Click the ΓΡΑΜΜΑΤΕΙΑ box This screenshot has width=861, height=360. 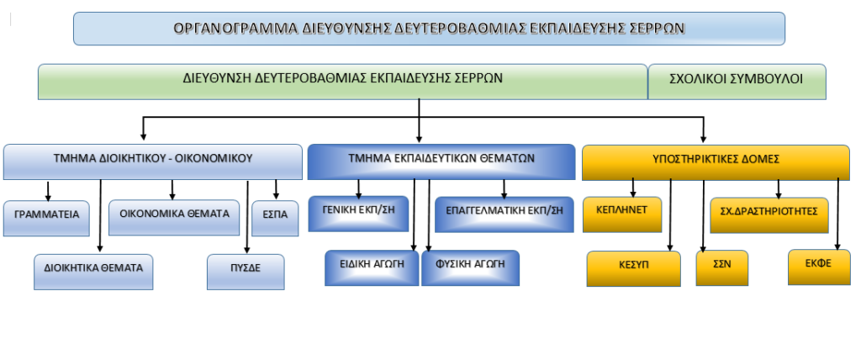click(46, 218)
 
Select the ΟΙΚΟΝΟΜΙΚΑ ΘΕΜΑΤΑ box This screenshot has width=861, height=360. click(174, 217)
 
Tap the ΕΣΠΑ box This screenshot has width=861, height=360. click(275, 218)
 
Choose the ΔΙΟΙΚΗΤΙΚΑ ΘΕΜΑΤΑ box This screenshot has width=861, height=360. click(93, 272)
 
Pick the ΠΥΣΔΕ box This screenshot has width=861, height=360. click(246, 272)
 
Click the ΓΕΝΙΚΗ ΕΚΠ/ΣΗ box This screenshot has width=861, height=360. click(358, 214)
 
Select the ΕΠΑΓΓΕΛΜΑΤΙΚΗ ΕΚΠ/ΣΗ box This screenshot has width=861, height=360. click(504, 214)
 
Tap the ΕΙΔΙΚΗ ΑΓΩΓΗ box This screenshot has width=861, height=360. click(372, 268)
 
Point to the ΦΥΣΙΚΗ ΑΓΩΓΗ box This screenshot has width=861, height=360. click(471, 268)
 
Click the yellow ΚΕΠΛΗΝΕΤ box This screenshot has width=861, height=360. click(622, 214)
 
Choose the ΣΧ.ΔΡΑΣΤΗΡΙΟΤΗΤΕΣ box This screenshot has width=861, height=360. click(769, 215)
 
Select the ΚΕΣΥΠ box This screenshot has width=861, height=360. click(634, 269)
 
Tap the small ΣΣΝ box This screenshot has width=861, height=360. click(722, 268)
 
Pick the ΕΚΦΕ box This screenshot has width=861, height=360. click(819, 267)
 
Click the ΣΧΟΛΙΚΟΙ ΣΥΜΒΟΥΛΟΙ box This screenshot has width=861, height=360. click(737, 82)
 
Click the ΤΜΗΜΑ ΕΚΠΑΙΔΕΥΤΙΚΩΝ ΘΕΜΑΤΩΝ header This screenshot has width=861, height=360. click(441, 161)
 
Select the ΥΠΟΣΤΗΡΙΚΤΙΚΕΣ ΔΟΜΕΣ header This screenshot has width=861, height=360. click(716, 162)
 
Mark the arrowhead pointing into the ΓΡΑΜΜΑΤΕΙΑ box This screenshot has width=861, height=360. click(48, 198)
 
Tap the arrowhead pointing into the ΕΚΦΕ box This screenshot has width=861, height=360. click(837, 246)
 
